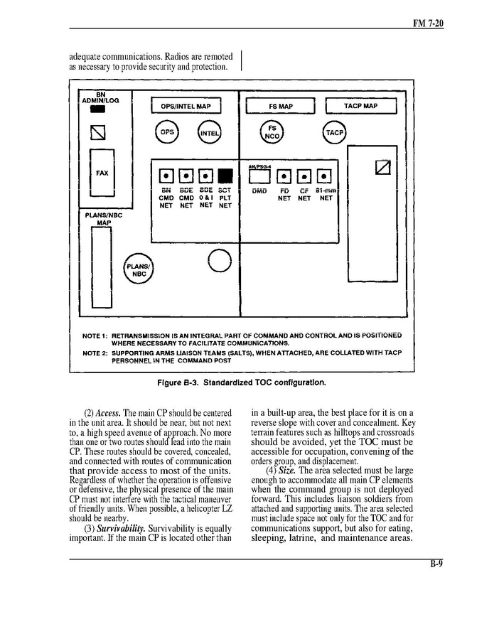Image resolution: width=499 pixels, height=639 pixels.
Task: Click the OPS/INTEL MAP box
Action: click(186, 106)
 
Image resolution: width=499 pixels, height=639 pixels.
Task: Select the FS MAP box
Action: click(281, 106)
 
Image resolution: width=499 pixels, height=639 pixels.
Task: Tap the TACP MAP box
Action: click(360, 106)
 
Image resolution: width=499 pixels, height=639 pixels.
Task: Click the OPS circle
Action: click(166, 132)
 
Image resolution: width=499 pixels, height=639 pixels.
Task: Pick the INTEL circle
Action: click(209, 133)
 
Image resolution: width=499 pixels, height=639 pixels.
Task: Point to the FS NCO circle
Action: click(272, 133)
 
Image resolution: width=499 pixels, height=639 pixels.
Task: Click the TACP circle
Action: click(334, 133)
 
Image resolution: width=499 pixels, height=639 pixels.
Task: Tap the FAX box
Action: click(102, 172)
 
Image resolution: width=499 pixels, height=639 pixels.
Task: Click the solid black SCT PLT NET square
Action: click(225, 176)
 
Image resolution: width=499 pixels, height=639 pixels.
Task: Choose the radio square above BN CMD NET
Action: click(166, 176)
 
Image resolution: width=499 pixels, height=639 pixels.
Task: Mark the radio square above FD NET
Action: click(284, 176)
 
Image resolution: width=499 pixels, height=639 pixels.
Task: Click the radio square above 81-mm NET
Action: click(324, 176)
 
